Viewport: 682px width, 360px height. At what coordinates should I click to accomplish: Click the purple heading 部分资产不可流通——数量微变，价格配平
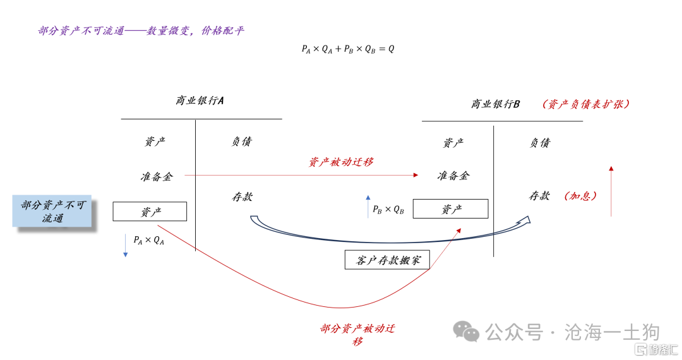(x=141, y=30)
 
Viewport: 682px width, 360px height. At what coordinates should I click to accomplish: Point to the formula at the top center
(x=348, y=49)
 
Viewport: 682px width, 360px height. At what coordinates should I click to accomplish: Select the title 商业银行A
(x=200, y=100)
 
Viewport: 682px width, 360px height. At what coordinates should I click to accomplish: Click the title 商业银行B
(x=496, y=104)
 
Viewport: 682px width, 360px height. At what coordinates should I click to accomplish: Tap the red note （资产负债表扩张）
(x=586, y=104)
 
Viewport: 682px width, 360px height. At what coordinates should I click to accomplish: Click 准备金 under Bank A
(x=157, y=176)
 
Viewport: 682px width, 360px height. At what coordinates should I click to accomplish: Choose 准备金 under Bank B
(x=453, y=176)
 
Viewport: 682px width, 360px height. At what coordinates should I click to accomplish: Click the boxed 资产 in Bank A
(x=150, y=212)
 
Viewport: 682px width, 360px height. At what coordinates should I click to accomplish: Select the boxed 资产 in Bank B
(x=451, y=208)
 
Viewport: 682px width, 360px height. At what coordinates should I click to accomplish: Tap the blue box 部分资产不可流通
(x=52, y=211)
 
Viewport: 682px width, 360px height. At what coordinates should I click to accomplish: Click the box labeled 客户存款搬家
(x=387, y=260)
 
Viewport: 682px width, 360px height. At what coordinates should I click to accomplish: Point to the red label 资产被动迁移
(x=341, y=162)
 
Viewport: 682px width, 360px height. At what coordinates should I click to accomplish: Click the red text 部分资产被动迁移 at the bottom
(x=357, y=334)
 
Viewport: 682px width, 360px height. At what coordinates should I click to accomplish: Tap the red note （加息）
(x=580, y=196)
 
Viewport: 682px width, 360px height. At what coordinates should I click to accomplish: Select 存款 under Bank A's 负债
(x=242, y=197)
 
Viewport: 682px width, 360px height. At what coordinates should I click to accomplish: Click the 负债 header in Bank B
(x=540, y=143)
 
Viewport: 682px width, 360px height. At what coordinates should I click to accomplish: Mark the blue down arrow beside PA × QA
(x=125, y=245)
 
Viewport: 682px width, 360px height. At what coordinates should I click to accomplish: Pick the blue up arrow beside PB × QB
(x=368, y=207)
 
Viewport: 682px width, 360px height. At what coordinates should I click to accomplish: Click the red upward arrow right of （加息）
(x=611, y=191)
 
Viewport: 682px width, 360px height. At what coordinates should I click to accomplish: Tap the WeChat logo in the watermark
(x=466, y=332)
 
